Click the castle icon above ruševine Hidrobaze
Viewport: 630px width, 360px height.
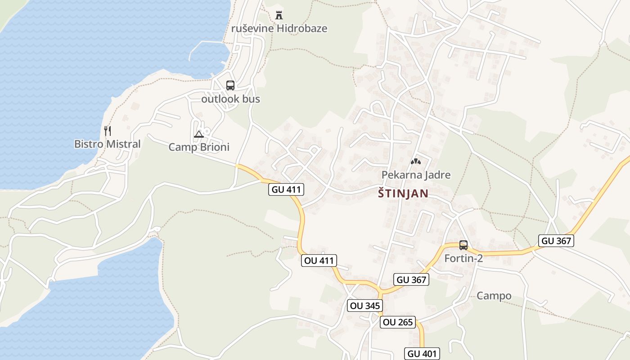[x=279, y=15]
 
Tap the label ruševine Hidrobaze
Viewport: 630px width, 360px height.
[x=279, y=28]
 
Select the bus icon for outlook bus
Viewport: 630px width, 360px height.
[x=230, y=85]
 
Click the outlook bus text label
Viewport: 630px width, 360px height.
[x=230, y=99]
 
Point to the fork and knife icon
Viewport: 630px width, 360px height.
[x=107, y=131]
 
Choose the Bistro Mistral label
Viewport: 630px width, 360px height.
[x=107, y=144]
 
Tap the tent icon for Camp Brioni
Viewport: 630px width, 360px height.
[x=198, y=134]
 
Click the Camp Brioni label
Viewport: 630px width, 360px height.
[x=198, y=147]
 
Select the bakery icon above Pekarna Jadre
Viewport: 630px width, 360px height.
[x=416, y=162]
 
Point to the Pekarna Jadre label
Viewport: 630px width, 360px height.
[x=416, y=175]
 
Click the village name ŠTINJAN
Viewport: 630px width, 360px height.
[x=403, y=193]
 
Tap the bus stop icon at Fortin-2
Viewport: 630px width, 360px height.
[x=463, y=245]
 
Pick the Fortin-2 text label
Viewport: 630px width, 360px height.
[x=463, y=258]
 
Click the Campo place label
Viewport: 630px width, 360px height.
[x=494, y=296]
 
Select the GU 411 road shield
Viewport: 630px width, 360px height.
[x=286, y=189]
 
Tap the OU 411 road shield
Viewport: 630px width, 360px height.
[x=319, y=260]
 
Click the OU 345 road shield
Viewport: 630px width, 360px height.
[x=365, y=306]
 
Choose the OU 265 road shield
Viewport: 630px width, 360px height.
[x=397, y=322]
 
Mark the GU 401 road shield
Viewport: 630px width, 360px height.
[x=422, y=354]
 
